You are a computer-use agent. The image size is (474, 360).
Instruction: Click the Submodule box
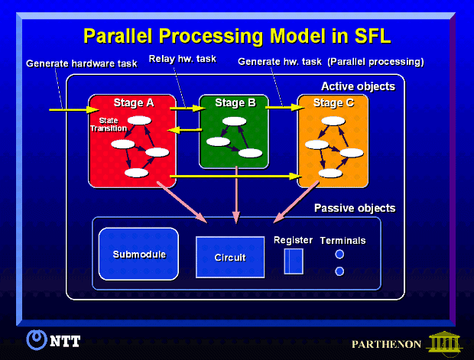pyautogui.click(x=138, y=255)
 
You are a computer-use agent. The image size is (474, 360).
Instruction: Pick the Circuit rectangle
pyautogui.click(x=230, y=257)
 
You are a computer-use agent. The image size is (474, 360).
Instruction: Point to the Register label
pyautogui.click(x=293, y=240)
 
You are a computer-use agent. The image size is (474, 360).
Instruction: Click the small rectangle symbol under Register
pyautogui.click(x=294, y=261)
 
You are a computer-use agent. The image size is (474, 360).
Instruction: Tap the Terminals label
pyautogui.click(x=343, y=240)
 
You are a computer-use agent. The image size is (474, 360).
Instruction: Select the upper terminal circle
pyautogui.click(x=339, y=255)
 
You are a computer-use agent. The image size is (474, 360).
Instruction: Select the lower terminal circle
pyautogui.click(x=339, y=271)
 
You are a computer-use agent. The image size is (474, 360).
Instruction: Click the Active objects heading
pyautogui.click(x=358, y=86)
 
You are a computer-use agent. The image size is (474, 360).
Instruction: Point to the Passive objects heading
pyautogui.click(x=355, y=209)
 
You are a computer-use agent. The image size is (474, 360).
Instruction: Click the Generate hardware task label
pyautogui.click(x=81, y=63)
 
